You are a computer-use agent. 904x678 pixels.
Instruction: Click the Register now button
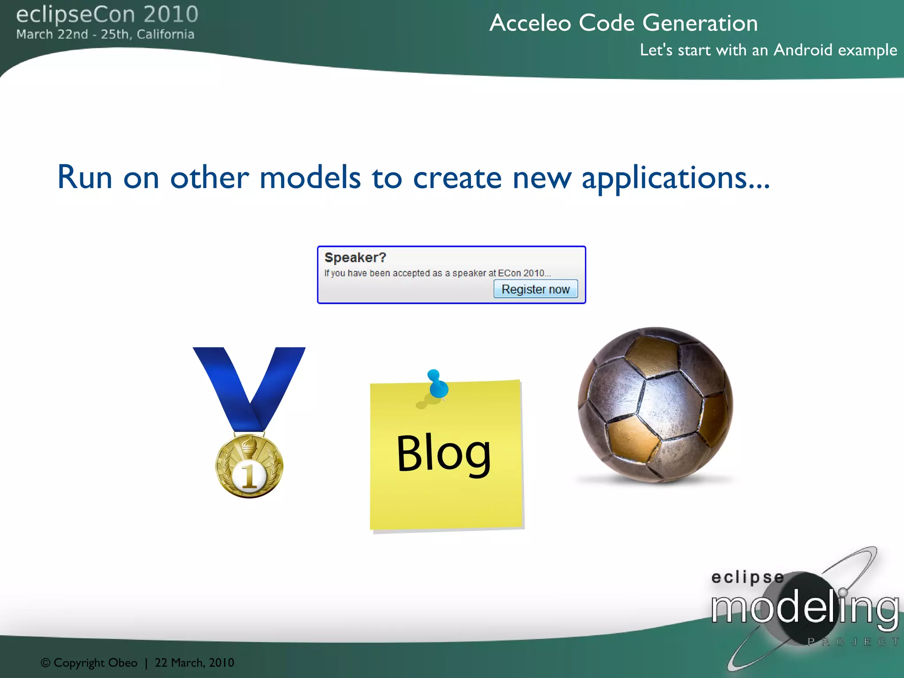click(x=535, y=289)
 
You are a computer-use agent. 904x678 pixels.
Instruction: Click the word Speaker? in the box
click(x=355, y=257)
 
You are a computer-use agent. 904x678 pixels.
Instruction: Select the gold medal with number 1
click(x=249, y=466)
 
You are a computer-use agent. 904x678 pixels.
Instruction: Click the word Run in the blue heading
click(x=84, y=177)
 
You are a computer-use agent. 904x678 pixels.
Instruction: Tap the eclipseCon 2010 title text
click(x=107, y=14)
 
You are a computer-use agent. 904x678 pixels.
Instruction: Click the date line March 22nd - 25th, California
click(x=105, y=34)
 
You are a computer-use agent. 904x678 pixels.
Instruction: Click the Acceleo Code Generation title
click(x=623, y=23)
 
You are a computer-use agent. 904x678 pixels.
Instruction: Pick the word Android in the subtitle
click(x=802, y=50)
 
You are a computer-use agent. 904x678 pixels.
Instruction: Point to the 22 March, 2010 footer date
click(x=194, y=663)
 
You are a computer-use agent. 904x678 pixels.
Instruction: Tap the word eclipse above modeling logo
click(x=747, y=577)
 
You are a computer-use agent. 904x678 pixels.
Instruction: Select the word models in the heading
click(x=310, y=177)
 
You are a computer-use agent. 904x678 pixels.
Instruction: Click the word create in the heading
click(x=457, y=177)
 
